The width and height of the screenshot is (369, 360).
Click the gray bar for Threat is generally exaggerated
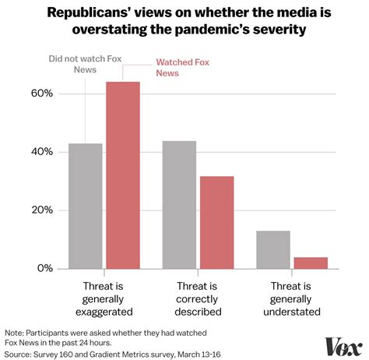click(85, 206)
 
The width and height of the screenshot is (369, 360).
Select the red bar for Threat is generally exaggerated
click(122, 175)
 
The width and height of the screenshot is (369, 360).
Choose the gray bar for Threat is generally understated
click(273, 249)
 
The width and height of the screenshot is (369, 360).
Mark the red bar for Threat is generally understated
click(311, 263)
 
